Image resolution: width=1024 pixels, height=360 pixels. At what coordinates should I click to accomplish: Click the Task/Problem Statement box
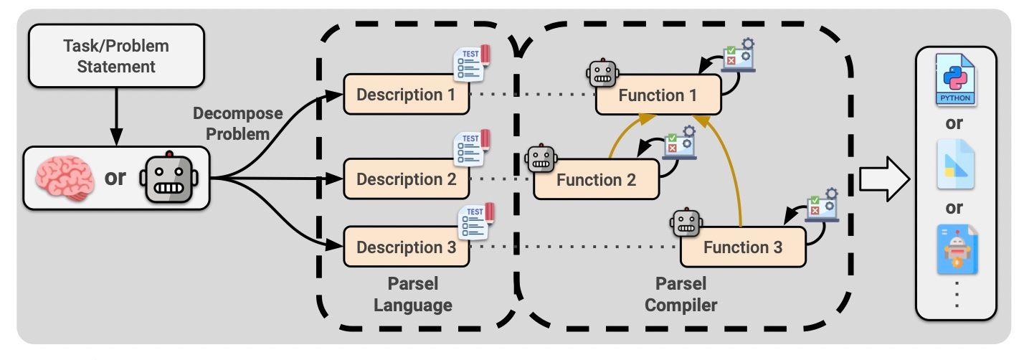(x=115, y=57)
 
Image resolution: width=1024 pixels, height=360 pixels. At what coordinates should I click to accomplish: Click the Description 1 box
(x=406, y=95)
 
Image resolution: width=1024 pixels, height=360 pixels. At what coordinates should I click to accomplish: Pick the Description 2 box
(x=406, y=179)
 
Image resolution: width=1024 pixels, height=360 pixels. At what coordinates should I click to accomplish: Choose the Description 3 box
(x=406, y=247)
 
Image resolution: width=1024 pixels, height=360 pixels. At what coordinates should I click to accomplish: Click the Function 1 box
(x=658, y=95)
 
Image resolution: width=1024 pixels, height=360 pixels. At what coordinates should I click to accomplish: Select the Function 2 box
(x=596, y=179)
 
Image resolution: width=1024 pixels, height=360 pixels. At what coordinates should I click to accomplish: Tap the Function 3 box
(x=742, y=247)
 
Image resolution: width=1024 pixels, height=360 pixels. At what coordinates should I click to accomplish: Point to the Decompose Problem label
(x=237, y=123)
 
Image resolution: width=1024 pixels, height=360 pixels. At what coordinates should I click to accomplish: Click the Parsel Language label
(x=412, y=294)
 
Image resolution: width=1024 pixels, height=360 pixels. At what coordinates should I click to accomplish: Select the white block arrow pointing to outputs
(x=883, y=180)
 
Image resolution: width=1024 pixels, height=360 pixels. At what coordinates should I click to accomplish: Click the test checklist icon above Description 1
(x=471, y=63)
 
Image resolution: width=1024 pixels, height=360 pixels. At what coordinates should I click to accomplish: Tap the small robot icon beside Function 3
(x=686, y=223)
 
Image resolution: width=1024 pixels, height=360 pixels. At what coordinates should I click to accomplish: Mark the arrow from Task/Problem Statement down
(x=115, y=115)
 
